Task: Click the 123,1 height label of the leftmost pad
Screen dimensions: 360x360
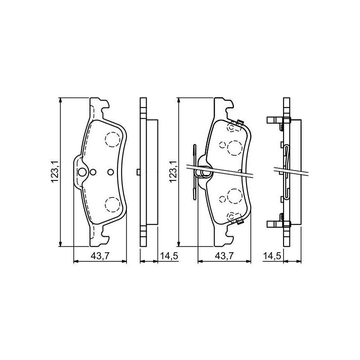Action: tap(55, 172)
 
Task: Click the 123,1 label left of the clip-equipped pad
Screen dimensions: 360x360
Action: tap(173, 172)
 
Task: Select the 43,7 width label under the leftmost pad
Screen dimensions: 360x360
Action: tap(100, 256)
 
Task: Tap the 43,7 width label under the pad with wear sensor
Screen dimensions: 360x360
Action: tap(224, 256)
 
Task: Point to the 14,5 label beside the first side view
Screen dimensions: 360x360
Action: tap(169, 256)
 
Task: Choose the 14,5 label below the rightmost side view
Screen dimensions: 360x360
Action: tap(272, 256)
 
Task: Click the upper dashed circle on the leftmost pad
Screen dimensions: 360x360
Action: tap(112, 139)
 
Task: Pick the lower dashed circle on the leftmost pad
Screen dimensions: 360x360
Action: tap(112, 205)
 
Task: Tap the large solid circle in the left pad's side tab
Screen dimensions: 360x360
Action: tap(82, 172)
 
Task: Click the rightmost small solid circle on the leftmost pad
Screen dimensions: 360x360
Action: tap(110, 172)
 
